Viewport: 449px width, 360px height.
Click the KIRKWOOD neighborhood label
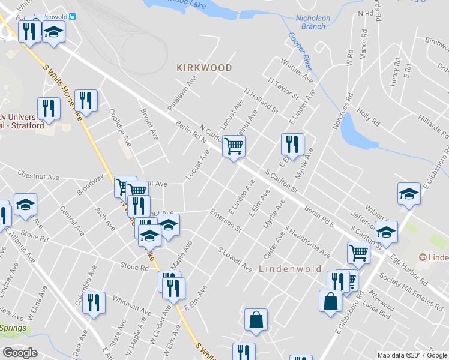[204, 68]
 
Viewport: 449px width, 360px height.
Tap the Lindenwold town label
[290, 269]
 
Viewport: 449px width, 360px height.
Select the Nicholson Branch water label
[313, 22]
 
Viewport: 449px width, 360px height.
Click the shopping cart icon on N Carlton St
[234, 146]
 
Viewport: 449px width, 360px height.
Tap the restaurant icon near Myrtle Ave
[292, 144]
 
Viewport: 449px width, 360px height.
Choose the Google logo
[20, 353]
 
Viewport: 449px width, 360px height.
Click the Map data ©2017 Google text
[412, 355]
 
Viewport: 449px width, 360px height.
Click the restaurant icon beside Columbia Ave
[95, 303]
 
